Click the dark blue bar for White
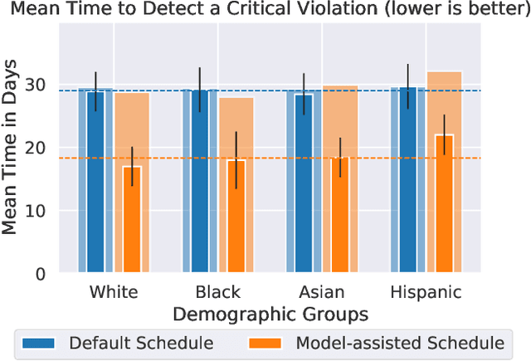[x=96, y=181]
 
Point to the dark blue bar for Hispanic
[x=408, y=180]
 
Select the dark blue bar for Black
[x=200, y=181]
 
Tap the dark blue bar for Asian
[x=304, y=183]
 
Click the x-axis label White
[x=113, y=292]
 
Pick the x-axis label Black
[x=217, y=292]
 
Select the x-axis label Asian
[x=322, y=292]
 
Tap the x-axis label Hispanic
[x=426, y=292]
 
